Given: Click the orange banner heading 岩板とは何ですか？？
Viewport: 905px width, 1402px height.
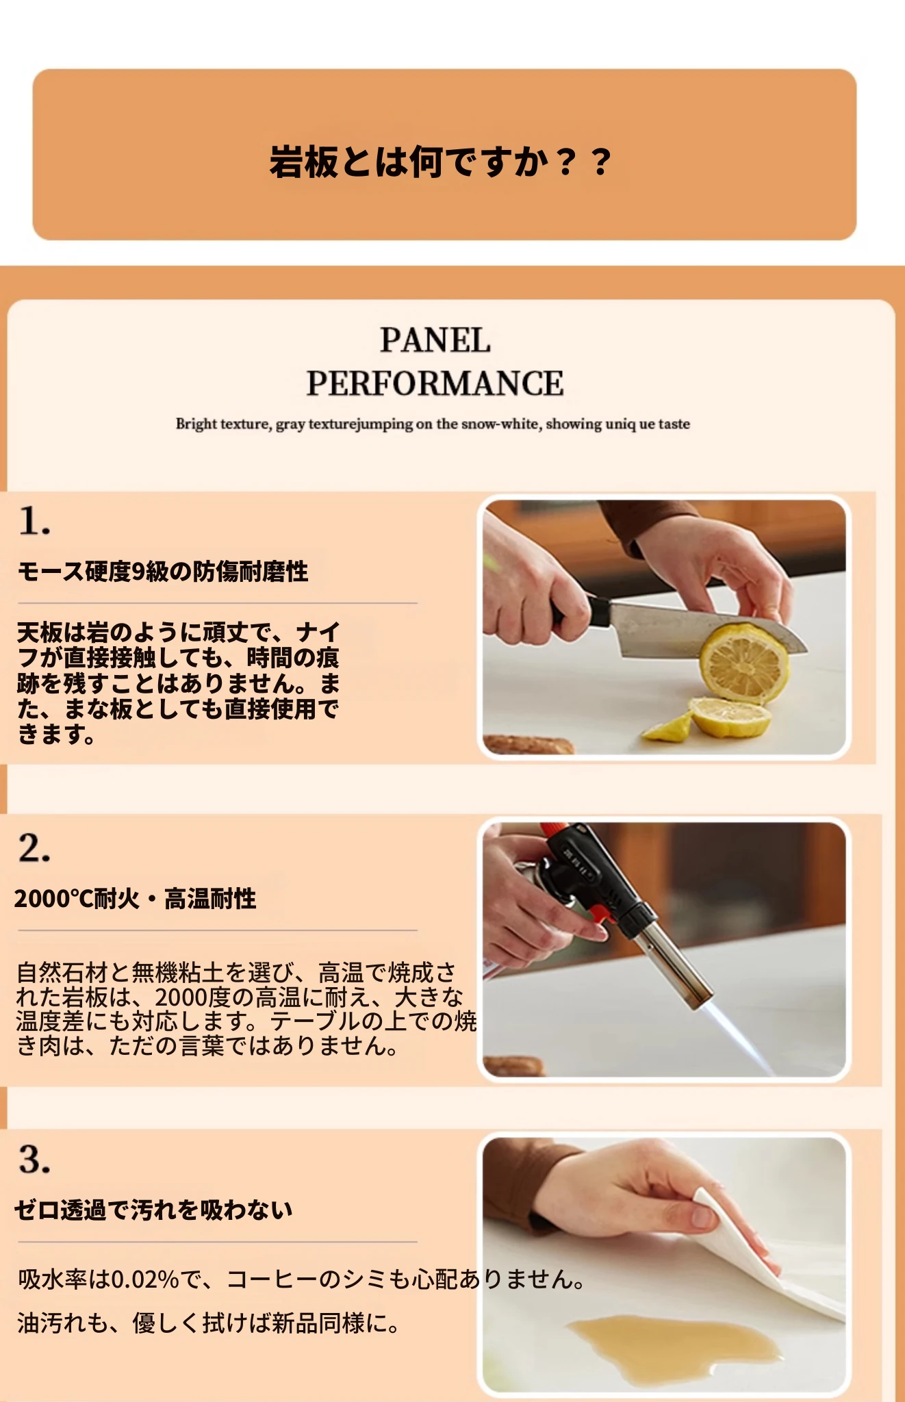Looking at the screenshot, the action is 440,162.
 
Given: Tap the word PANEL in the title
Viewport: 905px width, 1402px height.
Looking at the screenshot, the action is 435,340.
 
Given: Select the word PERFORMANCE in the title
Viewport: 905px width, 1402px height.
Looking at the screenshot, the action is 435,383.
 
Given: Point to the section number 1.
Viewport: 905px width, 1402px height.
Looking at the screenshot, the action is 34,521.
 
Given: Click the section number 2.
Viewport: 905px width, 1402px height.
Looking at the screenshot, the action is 34,848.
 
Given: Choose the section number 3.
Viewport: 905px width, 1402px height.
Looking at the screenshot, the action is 34,1160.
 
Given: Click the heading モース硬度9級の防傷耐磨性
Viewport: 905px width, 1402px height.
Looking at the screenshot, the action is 163,571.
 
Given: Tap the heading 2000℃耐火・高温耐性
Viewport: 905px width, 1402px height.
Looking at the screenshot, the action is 136,898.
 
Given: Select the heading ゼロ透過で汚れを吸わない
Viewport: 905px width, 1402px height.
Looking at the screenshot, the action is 154,1210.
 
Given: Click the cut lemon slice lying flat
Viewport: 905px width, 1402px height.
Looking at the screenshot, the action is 730,717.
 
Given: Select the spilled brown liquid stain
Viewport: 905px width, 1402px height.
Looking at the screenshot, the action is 674,1346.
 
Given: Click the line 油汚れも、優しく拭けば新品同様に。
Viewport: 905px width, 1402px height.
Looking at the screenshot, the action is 209,1323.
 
